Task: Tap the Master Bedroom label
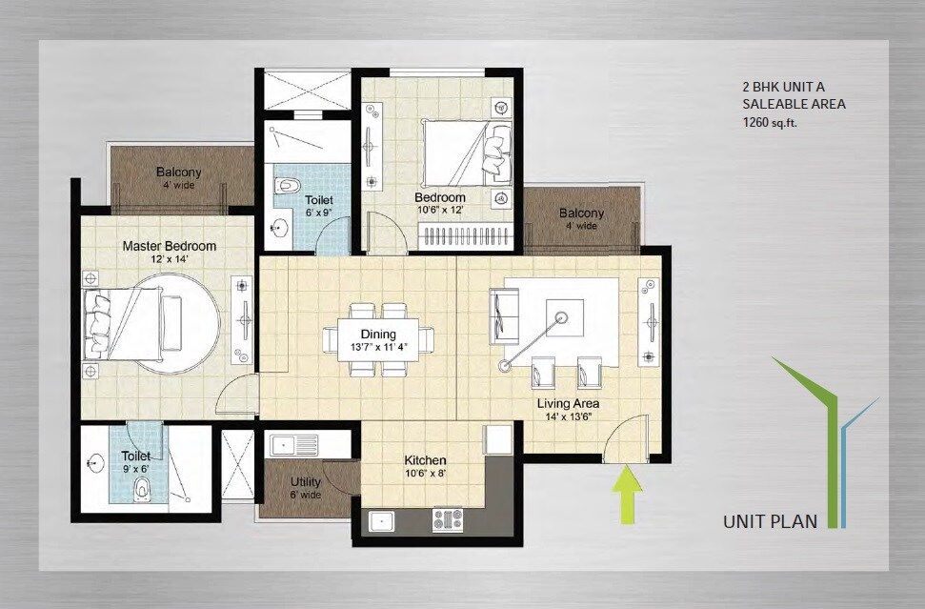click(x=170, y=246)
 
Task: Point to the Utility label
click(x=306, y=482)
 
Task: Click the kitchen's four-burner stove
click(x=448, y=519)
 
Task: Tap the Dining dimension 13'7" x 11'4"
click(x=379, y=347)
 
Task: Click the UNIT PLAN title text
click(x=772, y=521)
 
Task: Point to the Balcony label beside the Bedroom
click(x=581, y=213)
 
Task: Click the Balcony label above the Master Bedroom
click(x=178, y=173)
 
